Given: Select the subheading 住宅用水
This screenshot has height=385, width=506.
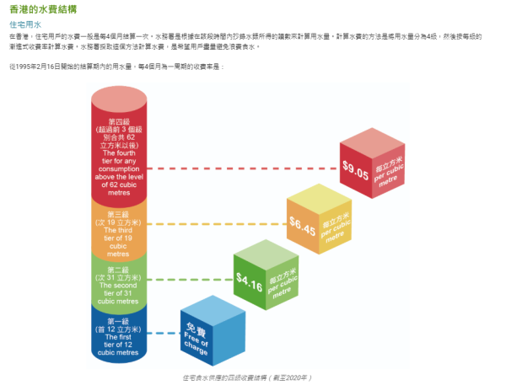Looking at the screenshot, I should coord(24,25).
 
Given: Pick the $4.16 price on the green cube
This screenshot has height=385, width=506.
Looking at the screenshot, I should coord(249,278).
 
